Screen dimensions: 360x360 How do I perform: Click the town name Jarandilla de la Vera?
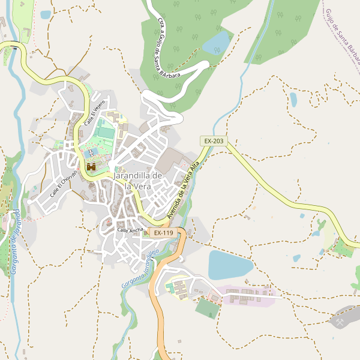click(x=138, y=181)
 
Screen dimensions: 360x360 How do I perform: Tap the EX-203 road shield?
click(x=214, y=141)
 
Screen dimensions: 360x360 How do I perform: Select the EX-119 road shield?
click(x=163, y=233)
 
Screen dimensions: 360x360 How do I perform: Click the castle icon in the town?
click(x=91, y=167)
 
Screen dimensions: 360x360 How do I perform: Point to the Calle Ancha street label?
click(x=130, y=230)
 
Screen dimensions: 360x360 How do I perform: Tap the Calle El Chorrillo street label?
click(x=64, y=184)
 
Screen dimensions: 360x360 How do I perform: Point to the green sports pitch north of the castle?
click(x=106, y=131)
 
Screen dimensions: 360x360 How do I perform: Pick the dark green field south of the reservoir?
click(x=208, y=308)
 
